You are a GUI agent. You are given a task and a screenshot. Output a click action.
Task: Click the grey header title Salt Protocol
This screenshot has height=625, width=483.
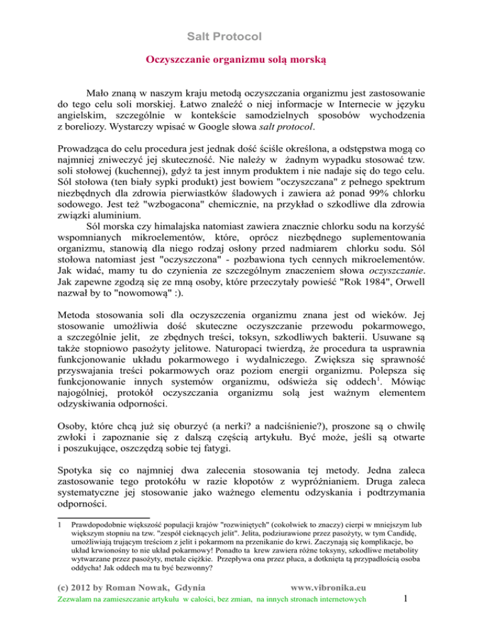241,36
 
